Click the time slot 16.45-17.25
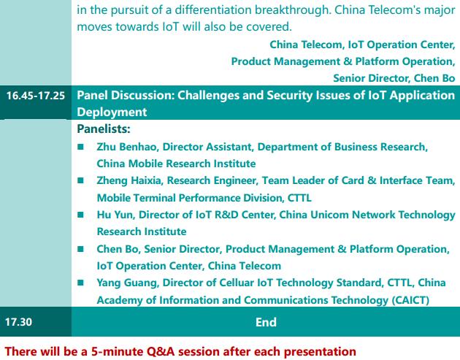[x=36, y=96]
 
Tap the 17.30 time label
[x=18, y=322]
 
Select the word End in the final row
[x=266, y=322]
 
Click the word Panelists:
[x=104, y=129]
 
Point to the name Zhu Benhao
[x=126, y=147]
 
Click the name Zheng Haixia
[x=129, y=181]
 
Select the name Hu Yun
[x=115, y=215]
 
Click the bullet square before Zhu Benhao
[x=80, y=146]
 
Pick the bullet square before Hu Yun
[x=80, y=215]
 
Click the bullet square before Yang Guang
[x=80, y=283]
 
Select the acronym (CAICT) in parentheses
[x=410, y=300]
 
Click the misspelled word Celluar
[x=237, y=283]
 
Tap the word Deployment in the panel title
[x=112, y=112]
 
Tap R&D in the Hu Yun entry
[x=226, y=215]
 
